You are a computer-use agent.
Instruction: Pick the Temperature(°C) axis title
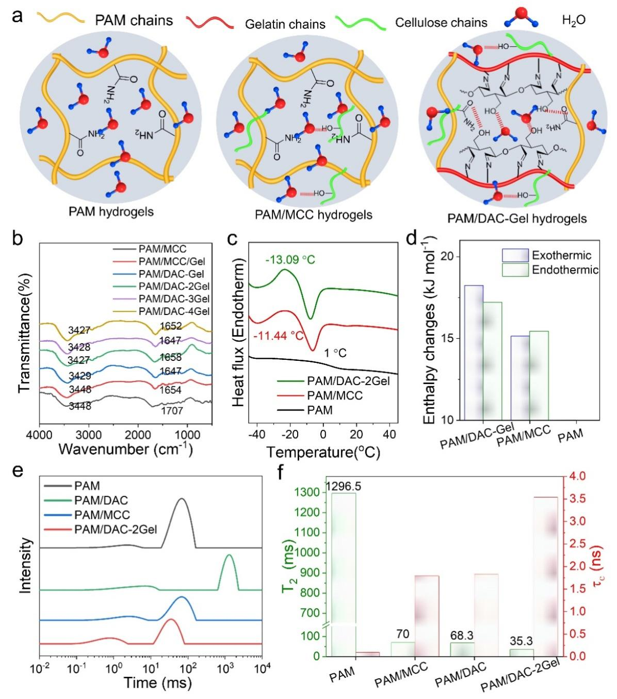323,453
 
